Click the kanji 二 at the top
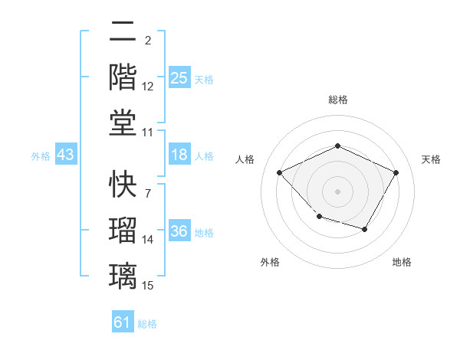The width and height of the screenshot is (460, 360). point(123,33)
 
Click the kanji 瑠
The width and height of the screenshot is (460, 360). point(123,229)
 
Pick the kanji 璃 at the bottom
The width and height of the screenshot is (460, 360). point(123,273)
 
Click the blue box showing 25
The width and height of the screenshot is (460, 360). point(179,78)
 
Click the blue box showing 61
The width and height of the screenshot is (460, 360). point(122,322)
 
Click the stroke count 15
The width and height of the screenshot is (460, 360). point(148,286)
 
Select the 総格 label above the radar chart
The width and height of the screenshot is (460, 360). point(337,100)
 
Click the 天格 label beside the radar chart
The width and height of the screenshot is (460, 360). point(431,159)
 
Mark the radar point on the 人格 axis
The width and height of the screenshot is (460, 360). point(279,173)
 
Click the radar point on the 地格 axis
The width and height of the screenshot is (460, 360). point(365,229)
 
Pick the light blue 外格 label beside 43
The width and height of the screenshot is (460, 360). point(41,156)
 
